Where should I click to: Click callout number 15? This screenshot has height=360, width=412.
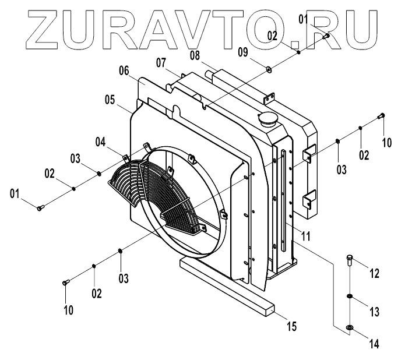pyautogui.click(x=291, y=327)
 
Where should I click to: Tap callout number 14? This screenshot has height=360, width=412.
pyautogui.click(x=374, y=344)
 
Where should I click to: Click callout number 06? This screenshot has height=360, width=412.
pyautogui.click(x=124, y=70)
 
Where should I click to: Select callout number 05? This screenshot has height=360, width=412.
pyautogui.click(x=111, y=100)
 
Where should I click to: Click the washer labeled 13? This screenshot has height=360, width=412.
pyautogui.click(x=348, y=297)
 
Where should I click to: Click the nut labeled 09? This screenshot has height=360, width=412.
pyautogui.click(x=270, y=70)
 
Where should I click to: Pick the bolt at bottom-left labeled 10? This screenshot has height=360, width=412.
pyautogui.click(x=65, y=283)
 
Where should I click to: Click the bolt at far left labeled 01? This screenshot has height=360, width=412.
pyautogui.click(x=39, y=208)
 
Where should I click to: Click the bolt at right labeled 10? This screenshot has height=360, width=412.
pyautogui.click(x=382, y=116)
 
